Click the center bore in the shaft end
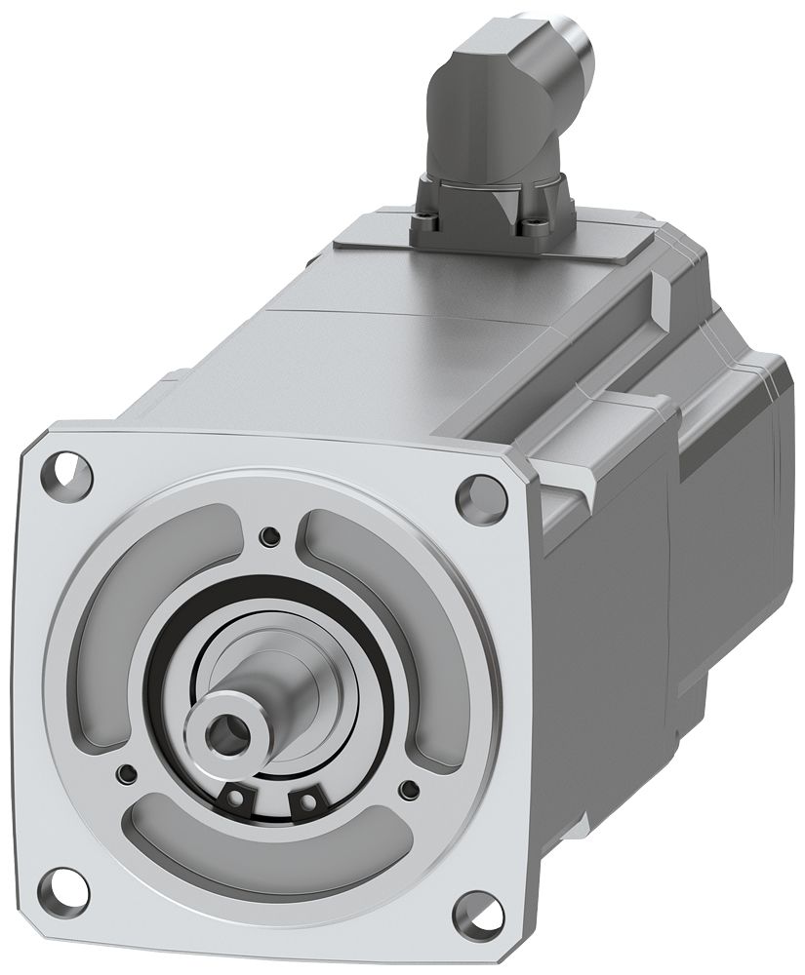(x=232, y=725)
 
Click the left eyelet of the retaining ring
(x=235, y=799)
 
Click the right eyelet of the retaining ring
(x=308, y=801)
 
